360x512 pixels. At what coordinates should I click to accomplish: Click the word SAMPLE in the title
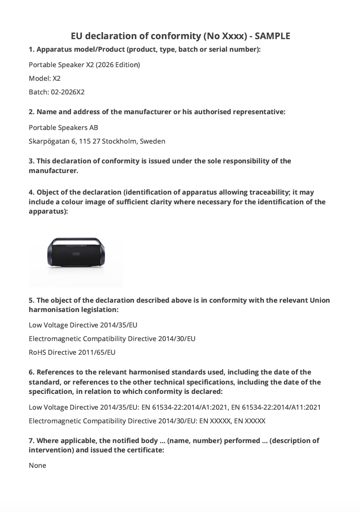click(x=272, y=36)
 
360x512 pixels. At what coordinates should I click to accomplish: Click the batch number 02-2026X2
click(x=67, y=92)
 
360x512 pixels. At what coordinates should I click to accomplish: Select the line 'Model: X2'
click(x=45, y=78)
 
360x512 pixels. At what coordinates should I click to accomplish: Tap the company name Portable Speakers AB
click(x=63, y=127)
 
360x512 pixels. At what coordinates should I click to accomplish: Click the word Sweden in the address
click(x=153, y=141)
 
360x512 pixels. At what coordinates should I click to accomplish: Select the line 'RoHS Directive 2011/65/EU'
click(x=72, y=352)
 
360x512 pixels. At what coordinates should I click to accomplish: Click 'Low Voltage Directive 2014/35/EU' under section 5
click(x=83, y=325)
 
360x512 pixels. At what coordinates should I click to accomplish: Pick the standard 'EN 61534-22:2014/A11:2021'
click(x=276, y=407)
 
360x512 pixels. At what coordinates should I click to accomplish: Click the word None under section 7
click(x=37, y=465)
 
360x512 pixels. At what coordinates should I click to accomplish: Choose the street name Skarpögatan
click(x=49, y=141)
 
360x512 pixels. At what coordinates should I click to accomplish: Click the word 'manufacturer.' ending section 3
click(x=53, y=171)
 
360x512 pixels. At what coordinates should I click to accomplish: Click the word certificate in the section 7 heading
click(x=146, y=450)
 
